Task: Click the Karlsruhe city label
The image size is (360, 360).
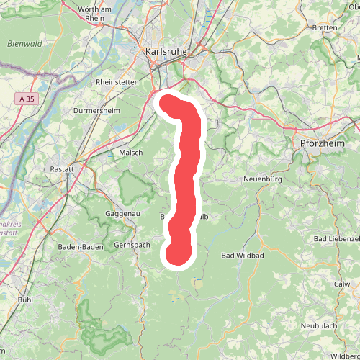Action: pos(166,53)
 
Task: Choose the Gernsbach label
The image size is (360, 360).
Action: pos(133,245)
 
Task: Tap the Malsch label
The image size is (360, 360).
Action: pos(130,153)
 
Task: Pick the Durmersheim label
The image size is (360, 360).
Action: pos(96,111)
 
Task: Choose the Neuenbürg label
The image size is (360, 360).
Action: pos(266,178)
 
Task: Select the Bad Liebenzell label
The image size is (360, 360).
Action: pos(337,238)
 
